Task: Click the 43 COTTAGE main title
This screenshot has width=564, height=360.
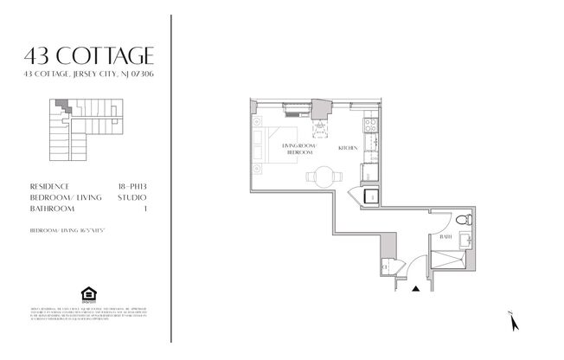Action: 91,57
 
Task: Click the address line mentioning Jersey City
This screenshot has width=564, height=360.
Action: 91,76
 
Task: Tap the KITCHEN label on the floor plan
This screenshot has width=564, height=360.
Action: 348,147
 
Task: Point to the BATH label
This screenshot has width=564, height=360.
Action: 445,236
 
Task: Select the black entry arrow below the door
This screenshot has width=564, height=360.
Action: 416,289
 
